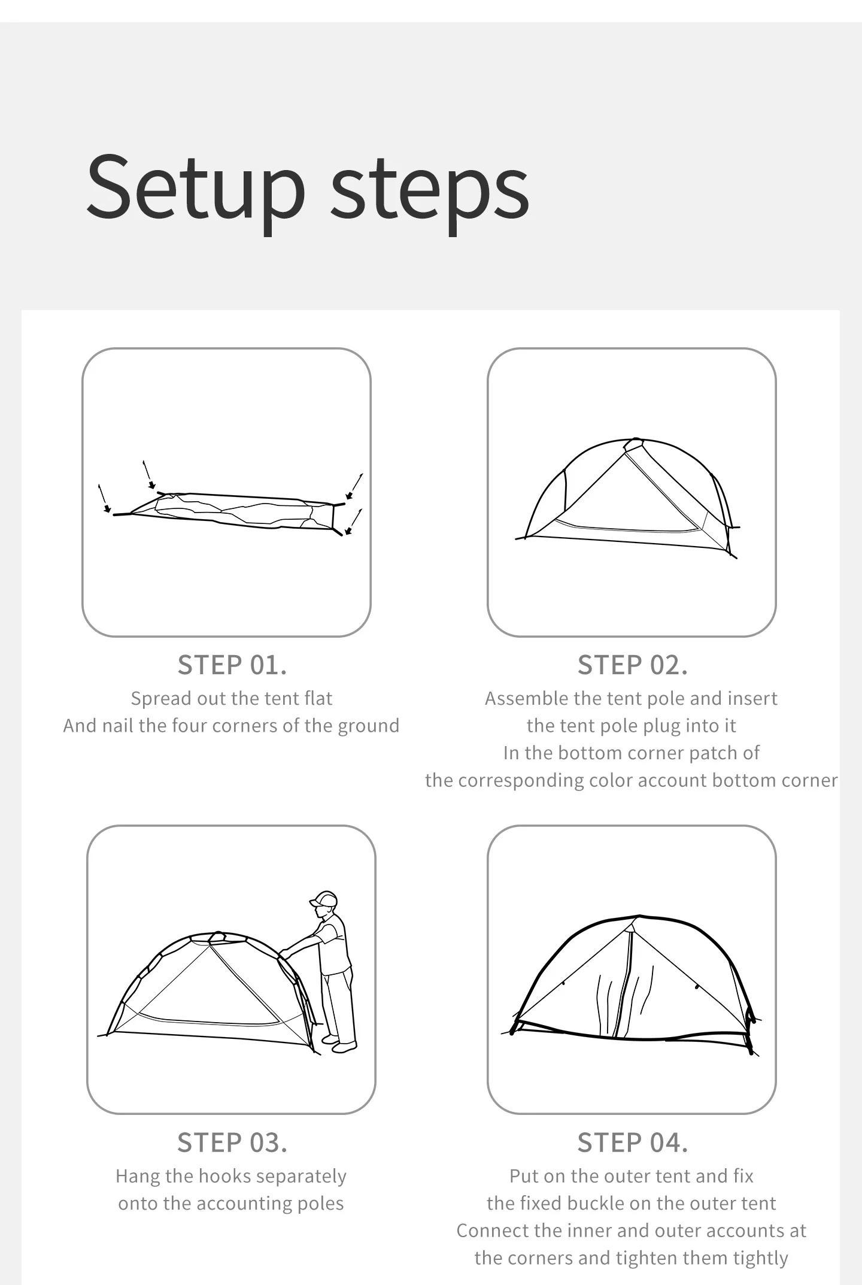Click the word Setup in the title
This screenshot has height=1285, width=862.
pos(196,187)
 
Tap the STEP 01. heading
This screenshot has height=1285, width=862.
pos(232,665)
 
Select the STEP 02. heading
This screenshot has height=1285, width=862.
pos(632,665)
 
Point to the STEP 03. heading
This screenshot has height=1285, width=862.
pos(232,1143)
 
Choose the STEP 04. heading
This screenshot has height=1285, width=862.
pos(632,1143)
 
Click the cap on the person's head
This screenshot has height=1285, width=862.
pos(323,899)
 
